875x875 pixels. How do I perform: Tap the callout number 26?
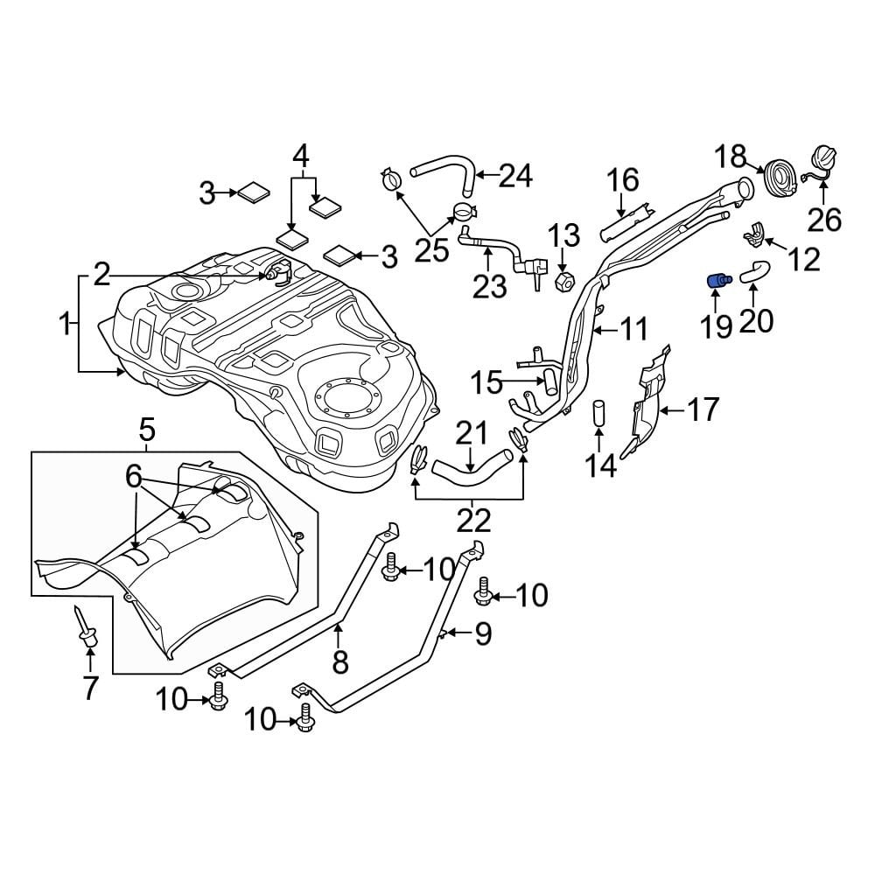pyautogui.click(x=824, y=219)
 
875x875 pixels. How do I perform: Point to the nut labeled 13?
pyautogui.click(x=563, y=281)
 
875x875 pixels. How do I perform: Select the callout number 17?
pyautogui.click(x=703, y=409)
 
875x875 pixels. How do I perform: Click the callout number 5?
pyautogui.click(x=146, y=430)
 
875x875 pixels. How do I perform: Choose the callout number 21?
pyautogui.click(x=472, y=432)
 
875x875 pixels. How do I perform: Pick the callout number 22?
pyautogui.click(x=473, y=521)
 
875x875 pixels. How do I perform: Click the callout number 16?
pyautogui.click(x=624, y=180)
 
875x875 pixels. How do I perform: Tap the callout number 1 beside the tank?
pyautogui.click(x=64, y=325)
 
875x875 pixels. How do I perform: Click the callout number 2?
pyautogui.click(x=102, y=276)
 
